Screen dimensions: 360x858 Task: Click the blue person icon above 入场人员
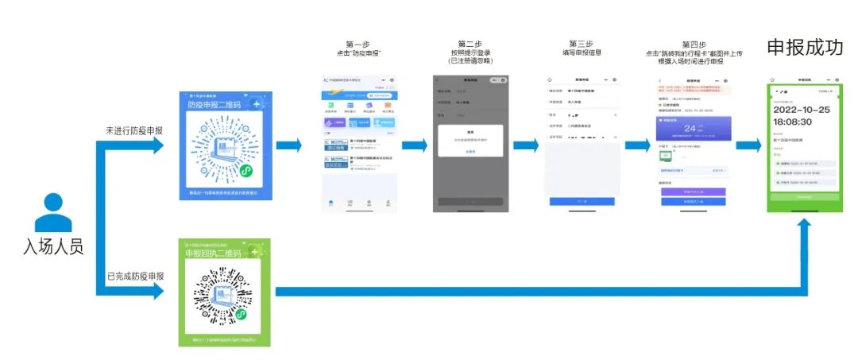coord(53,213)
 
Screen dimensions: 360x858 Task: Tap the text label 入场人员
coord(53,247)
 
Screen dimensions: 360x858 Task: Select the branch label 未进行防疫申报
coord(135,130)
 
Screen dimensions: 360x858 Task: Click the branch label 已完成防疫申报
coord(135,277)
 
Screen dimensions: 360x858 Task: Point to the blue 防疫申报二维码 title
coord(214,104)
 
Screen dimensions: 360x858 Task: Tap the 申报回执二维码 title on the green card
coord(214,253)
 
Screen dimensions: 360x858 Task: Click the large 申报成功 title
coord(805,48)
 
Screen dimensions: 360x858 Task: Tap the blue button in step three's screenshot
coord(582,201)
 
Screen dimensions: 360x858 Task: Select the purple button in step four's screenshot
coord(693,192)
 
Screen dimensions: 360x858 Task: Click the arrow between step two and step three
coord(525,145)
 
